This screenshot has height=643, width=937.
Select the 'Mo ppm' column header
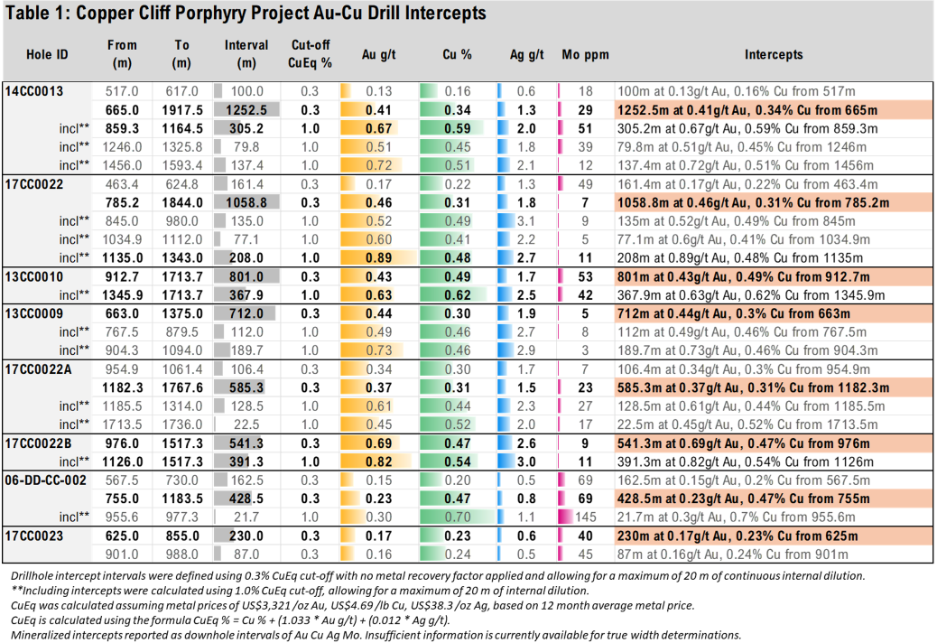pos(591,54)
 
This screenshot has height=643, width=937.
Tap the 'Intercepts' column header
pos(774,54)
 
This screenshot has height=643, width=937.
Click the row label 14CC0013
pos(34,91)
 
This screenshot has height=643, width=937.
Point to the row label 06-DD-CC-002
pos(45,480)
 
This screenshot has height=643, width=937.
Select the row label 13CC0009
pos(34,312)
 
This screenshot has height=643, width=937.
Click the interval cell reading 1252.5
pos(246,109)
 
